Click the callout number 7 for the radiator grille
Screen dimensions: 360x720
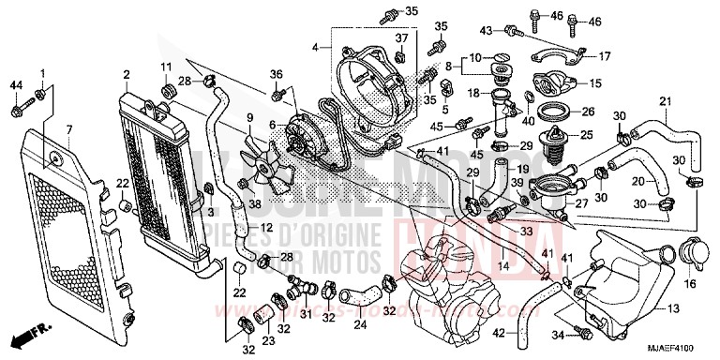[68, 127]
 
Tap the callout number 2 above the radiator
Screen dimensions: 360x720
[125, 73]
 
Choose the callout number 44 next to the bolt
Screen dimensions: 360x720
[15, 86]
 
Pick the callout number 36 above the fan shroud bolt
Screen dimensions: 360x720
[277, 74]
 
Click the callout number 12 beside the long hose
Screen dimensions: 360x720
[266, 228]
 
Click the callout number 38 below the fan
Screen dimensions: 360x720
[254, 203]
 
